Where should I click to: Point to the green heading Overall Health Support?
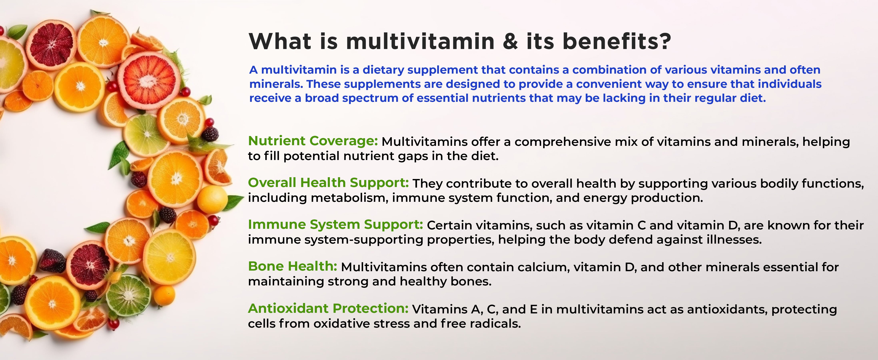(x=328, y=183)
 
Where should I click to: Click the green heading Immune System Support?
(x=335, y=225)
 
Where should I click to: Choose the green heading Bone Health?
(x=292, y=266)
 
